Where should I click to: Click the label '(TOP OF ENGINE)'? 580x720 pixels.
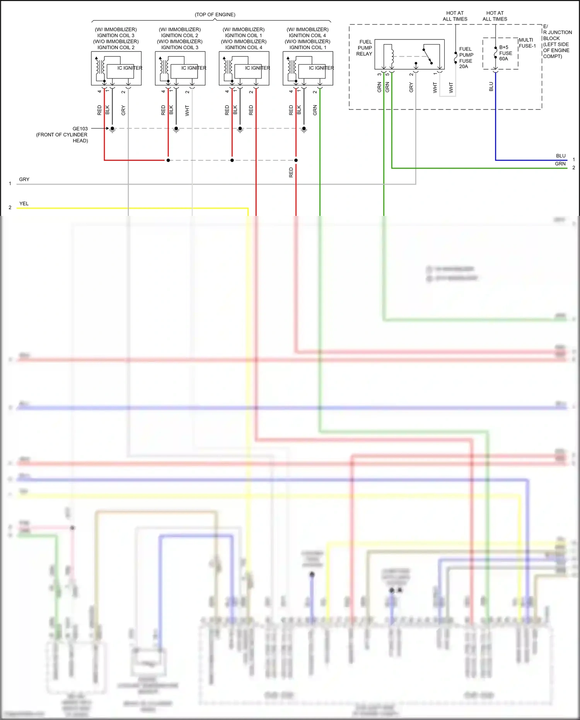[215, 15]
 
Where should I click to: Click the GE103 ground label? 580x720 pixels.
[80, 128]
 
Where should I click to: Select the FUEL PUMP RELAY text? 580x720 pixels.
[364, 48]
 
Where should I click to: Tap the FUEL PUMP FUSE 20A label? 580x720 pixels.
[466, 58]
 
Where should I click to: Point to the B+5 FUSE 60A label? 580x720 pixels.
[505, 53]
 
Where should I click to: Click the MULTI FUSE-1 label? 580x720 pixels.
[527, 43]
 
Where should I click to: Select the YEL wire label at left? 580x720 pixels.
[24, 204]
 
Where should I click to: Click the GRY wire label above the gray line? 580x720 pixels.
[24, 180]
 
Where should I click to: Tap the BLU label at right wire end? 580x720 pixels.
[561, 156]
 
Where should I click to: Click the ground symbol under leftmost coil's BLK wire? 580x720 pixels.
[113, 130]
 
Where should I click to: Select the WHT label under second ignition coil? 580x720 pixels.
[187, 110]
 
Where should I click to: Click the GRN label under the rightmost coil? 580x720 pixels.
[315, 110]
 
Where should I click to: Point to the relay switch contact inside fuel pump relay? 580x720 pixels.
[428, 56]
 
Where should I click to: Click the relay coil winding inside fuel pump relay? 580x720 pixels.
[392, 56]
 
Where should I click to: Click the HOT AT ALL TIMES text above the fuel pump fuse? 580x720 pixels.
[455, 16]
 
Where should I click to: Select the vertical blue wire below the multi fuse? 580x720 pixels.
[496, 116]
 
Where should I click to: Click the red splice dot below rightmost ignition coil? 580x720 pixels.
[296, 160]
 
